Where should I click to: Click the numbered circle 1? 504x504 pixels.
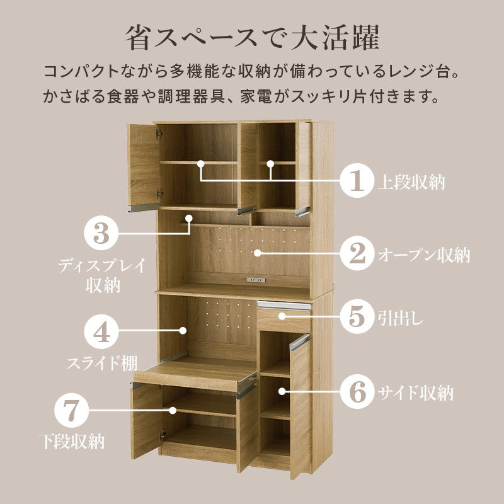coord(357,180)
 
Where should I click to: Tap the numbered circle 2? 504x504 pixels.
coord(357,253)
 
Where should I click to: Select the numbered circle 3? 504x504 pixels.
coord(101,233)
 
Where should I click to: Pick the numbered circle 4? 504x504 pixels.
coord(101,332)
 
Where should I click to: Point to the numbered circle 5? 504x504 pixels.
coord(357,316)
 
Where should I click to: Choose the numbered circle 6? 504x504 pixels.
coord(357,392)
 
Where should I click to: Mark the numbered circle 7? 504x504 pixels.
coord(71,411)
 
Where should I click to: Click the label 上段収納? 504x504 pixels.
coord(412,182)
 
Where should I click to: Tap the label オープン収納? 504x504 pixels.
coord(424,255)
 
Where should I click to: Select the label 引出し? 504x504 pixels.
coord(401,318)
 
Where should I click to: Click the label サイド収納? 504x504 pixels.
coord(416,392)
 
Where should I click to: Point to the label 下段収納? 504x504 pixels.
coord(72,442)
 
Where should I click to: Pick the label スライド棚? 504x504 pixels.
coord(102,363)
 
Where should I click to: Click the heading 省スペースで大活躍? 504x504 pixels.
coord(253,38)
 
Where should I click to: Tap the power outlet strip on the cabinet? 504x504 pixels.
coord(256,280)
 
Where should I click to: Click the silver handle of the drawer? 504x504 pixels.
coord(284,305)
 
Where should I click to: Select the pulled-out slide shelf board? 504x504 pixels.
coord(195,375)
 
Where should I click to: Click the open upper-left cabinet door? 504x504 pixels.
coord(144,166)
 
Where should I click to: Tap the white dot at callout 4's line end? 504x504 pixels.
coord(183,330)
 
